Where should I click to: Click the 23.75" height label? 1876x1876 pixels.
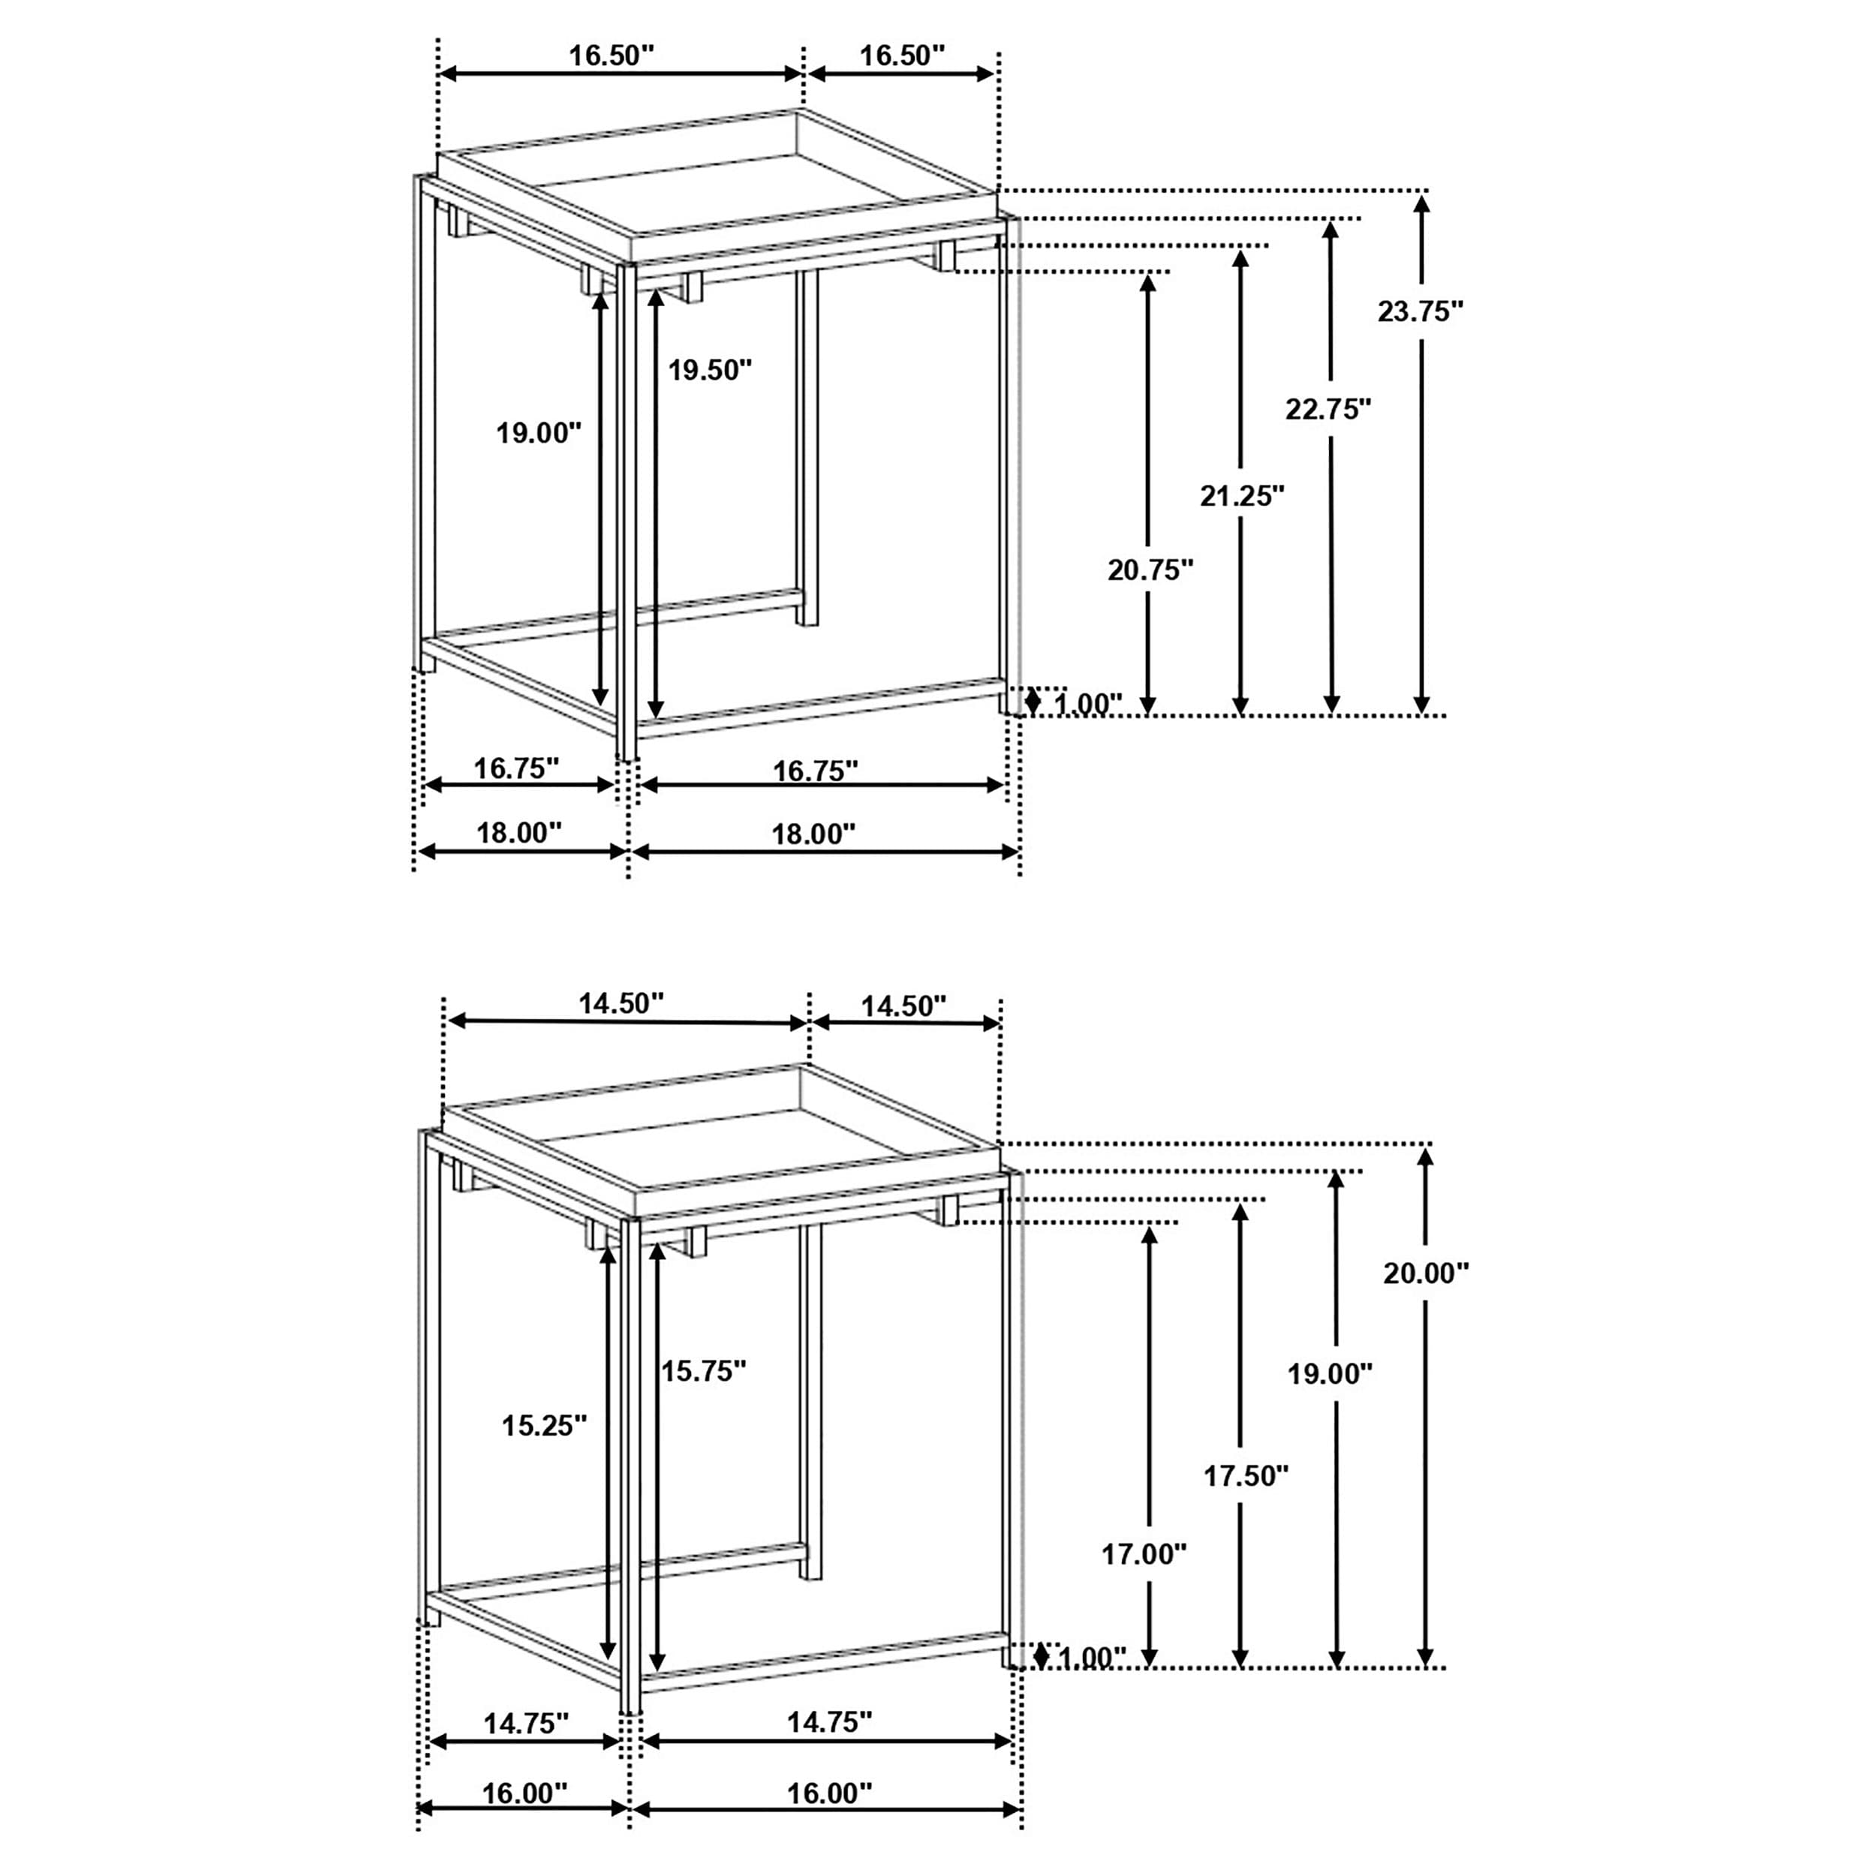pos(1420,311)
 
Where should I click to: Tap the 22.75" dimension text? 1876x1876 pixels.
pos(1327,409)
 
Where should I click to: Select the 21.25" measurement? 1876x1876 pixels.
pos(1242,496)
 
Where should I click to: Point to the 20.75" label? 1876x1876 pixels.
pos(1150,570)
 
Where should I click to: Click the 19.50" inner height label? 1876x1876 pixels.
pos(710,370)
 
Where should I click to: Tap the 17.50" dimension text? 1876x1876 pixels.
pos(1246,1476)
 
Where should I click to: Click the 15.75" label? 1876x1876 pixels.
pos(704,1371)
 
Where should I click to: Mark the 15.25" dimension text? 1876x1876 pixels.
pos(544,1426)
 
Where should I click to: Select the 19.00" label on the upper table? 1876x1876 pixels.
pos(539,433)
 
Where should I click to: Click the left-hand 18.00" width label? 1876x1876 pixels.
pos(519,833)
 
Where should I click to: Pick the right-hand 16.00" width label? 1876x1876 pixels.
pos(829,1793)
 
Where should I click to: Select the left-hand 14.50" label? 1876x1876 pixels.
pos(621,1003)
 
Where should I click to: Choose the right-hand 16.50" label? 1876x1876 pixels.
pos(902,56)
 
